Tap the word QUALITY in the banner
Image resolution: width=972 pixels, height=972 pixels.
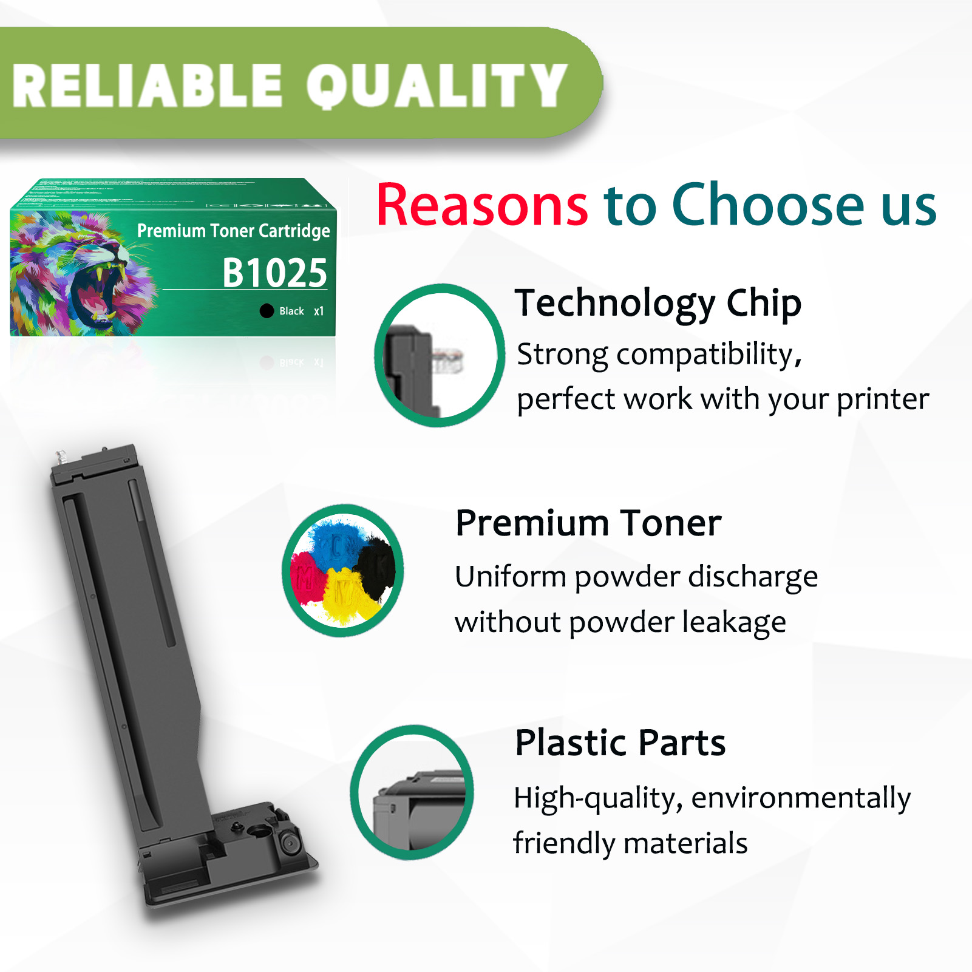(436, 86)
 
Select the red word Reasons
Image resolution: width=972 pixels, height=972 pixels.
(482, 205)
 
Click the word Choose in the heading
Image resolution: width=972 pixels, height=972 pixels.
(767, 205)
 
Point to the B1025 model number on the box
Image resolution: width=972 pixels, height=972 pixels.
(274, 273)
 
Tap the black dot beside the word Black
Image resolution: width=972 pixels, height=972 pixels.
(267, 311)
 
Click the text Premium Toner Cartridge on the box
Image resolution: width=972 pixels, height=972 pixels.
(233, 231)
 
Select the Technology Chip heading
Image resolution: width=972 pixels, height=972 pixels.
(658, 303)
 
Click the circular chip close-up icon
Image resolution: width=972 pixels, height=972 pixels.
(439, 355)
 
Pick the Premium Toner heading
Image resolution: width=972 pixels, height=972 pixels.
(588, 523)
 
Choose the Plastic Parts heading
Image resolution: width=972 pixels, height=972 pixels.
(620, 743)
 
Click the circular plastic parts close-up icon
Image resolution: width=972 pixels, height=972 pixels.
(412, 792)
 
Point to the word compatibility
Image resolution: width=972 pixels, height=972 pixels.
(708, 355)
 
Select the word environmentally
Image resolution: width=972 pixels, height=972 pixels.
(801, 798)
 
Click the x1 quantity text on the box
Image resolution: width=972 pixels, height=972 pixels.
(319, 311)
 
